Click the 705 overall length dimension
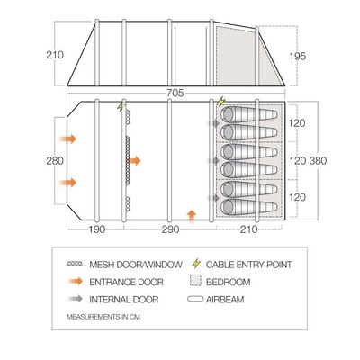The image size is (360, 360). click(175, 93)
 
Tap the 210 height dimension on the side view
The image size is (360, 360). click(55, 55)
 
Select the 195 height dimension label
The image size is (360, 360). click(298, 56)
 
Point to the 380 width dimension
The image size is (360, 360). click(318, 161)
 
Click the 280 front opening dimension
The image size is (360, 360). click(55, 161)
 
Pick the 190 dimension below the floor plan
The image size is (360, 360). click(97, 229)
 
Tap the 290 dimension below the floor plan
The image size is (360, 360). click(170, 229)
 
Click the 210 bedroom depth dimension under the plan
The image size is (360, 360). click(249, 229)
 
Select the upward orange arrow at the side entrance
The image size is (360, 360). click(192, 217)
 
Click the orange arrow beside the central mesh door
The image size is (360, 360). click(134, 161)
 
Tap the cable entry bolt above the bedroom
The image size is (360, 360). click(220, 102)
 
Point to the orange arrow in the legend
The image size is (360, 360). click(75, 282)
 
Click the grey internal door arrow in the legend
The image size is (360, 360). click(75, 299)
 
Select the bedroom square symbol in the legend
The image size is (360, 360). click(195, 281)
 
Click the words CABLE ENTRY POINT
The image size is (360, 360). click(248, 265)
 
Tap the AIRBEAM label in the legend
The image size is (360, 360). click(225, 300)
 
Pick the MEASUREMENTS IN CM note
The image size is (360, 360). click(103, 317)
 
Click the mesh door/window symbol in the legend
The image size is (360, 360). click(75, 264)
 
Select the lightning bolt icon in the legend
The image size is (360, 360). click(196, 264)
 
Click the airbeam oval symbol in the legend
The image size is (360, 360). click(195, 299)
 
